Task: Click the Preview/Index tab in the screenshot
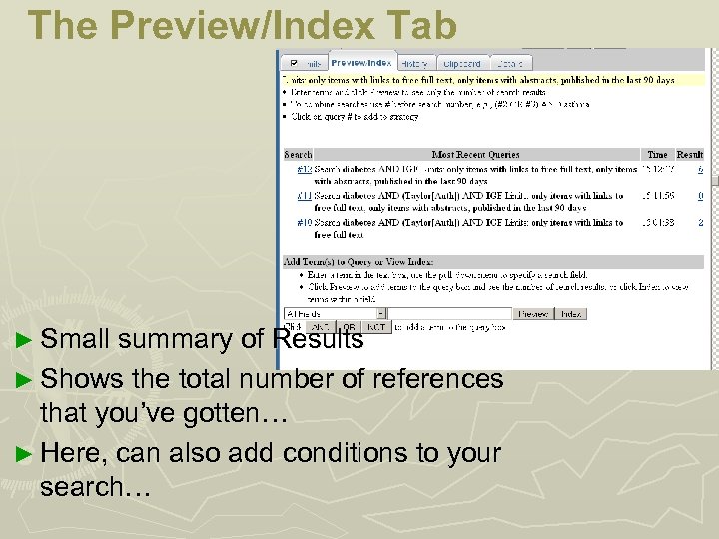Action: pos(362,63)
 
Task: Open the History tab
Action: pos(414,63)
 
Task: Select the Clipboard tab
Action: pos(461,63)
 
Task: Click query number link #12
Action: pos(304,170)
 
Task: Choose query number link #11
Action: pos(304,196)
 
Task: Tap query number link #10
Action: pos(304,222)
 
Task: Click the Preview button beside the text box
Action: pos(533,314)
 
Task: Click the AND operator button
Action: pos(321,326)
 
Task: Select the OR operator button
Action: pos(350,326)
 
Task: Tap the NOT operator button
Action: pos(376,326)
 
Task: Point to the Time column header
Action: pos(657,155)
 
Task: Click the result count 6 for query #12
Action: pos(700,170)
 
